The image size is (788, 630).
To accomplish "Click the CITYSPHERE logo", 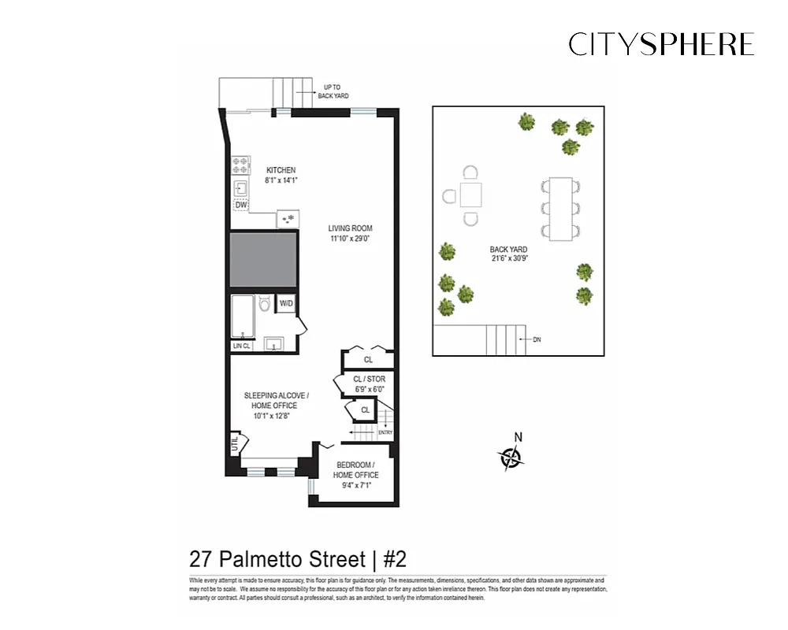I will click(661, 44).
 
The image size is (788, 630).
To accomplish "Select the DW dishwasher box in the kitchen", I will click(240, 205).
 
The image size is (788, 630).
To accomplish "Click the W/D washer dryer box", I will click(285, 303).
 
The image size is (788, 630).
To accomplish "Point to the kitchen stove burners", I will click(240, 165).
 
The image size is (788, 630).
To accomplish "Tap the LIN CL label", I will click(241, 345).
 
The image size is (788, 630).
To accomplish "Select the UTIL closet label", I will click(235, 445).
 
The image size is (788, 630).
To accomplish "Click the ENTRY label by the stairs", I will click(385, 432).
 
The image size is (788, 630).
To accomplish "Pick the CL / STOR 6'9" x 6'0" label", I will click(370, 384).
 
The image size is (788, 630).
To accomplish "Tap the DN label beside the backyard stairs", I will click(537, 340).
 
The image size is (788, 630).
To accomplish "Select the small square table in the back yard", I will click(471, 195).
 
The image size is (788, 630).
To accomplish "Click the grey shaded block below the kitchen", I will click(263, 260).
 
